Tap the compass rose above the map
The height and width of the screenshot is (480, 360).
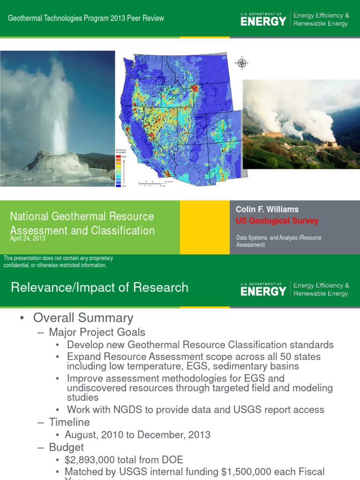pyautogui.click(x=242, y=63)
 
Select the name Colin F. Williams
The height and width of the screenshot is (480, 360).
pyautogui.click(x=267, y=210)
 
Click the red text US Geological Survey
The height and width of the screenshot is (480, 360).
pyautogui.click(x=277, y=221)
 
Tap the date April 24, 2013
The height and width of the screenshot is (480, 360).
pyautogui.click(x=28, y=239)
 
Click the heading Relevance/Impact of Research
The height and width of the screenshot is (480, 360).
pyautogui.click(x=99, y=287)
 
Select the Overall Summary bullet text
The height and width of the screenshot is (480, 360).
pyautogui.click(x=83, y=318)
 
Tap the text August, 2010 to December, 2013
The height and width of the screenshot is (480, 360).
pyautogui.click(x=137, y=435)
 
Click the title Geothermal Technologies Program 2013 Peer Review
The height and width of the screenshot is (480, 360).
pyautogui.click(x=87, y=18)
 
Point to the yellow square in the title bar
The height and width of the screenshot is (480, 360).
pyautogui.click(x=204, y=227)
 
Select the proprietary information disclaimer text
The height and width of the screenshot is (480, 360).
pyautogui.click(x=58, y=262)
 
